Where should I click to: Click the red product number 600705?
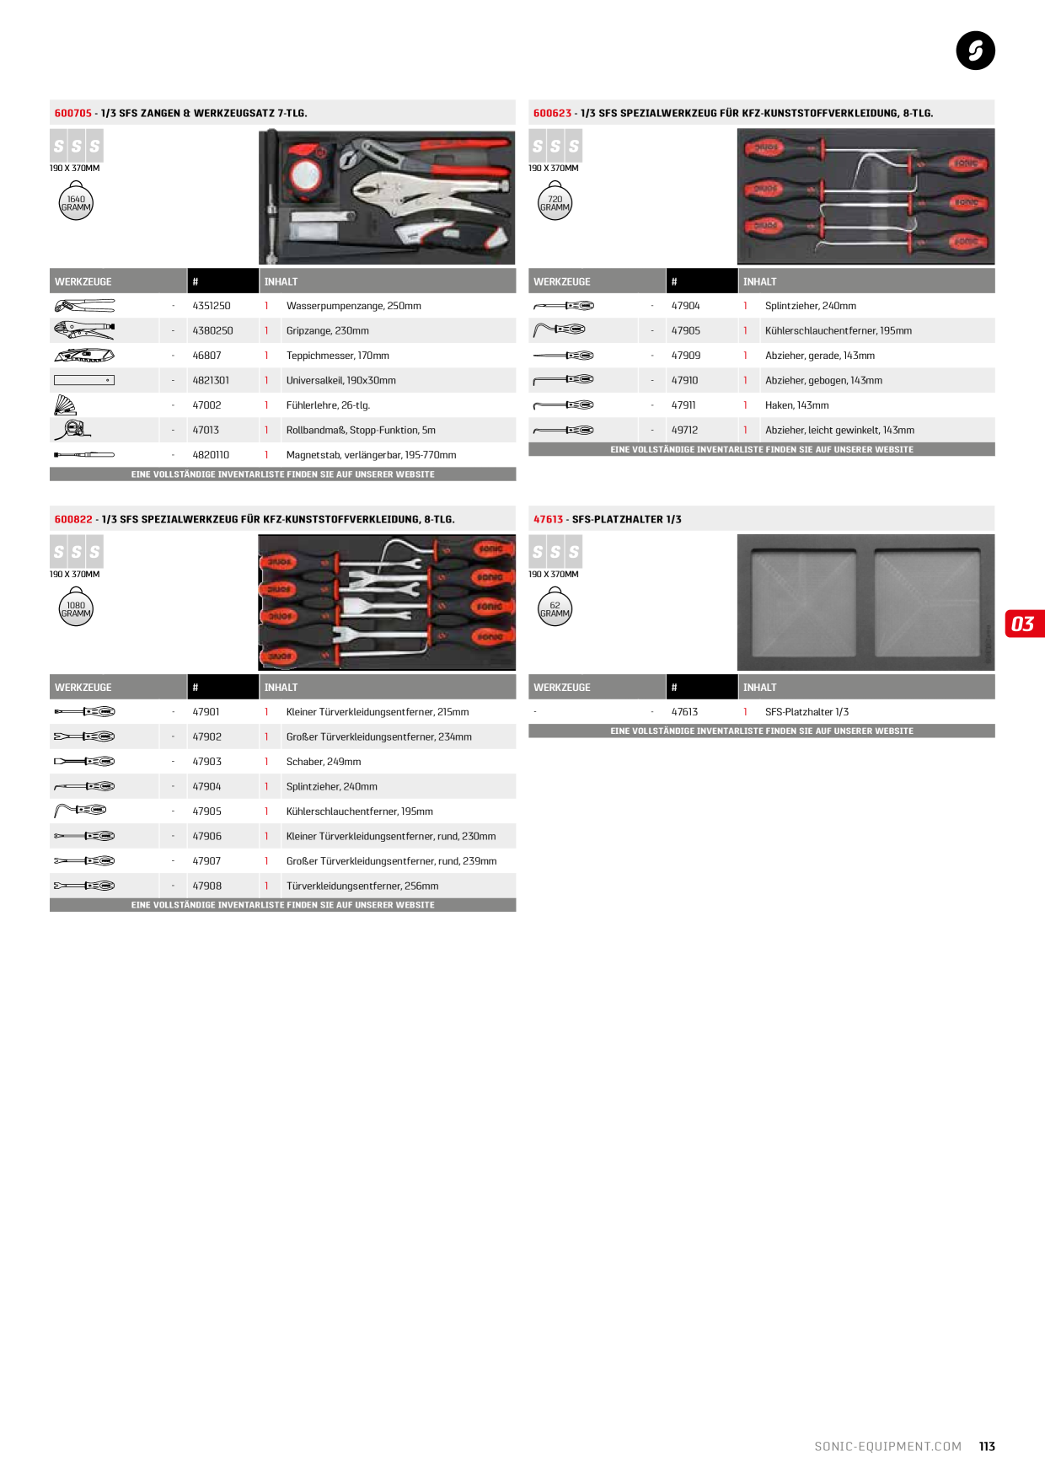click(73, 113)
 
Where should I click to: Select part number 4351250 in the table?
click(212, 306)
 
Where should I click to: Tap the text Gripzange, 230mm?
click(328, 331)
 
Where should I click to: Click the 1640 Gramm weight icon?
click(76, 202)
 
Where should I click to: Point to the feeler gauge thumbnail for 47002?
click(65, 405)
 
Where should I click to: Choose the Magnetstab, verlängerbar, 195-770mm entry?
click(372, 455)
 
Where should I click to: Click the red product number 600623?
click(552, 113)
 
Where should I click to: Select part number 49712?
click(684, 431)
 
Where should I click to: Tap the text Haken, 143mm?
click(797, 405)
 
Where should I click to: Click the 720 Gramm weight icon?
click(555, 202)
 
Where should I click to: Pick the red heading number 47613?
click(548, 519)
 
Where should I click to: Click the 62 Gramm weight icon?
click(555, 608)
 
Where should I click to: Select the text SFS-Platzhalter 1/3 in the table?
click(807, 712)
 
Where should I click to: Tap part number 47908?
click(207, 886)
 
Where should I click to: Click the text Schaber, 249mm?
click(324, 762)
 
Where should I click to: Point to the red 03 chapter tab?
click(1025, 624)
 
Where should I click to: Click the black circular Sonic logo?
click(976, 51)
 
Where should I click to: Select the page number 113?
click(987, 1447)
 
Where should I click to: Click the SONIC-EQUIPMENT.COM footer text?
click(888, 1447)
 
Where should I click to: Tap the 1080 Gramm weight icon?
click(76, 608)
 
